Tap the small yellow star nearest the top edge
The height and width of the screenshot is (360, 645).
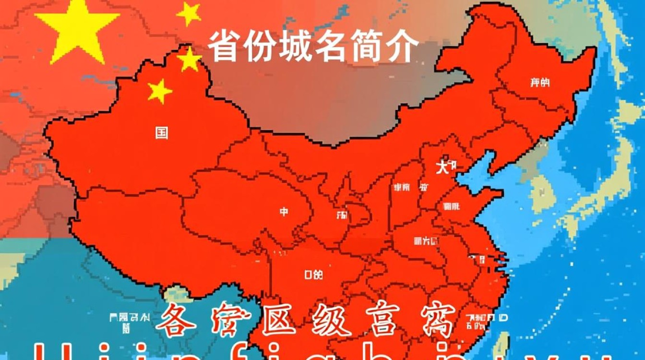tap(189, 13)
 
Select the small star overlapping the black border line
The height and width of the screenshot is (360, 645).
tap(189, 60)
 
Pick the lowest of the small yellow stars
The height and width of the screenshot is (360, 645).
tap(159, 91)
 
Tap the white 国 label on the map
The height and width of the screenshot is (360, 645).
tap(162, 132)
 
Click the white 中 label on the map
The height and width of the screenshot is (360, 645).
tap(284, 211)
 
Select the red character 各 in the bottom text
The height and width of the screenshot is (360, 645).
tap(176, 321)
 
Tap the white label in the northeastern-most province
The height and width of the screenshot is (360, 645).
tap(539, 83)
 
